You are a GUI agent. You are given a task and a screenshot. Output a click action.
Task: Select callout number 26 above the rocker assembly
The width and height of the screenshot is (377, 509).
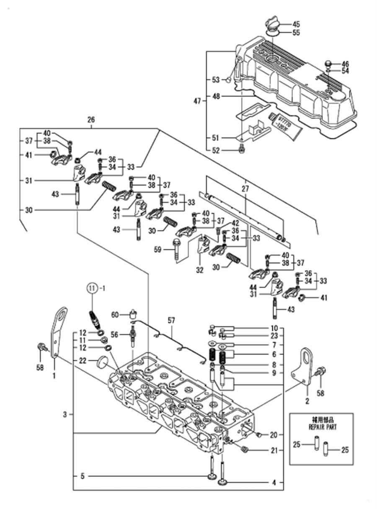click(x=91, y=120)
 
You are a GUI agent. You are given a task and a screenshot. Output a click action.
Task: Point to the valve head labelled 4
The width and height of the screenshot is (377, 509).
click(x=222, y=483)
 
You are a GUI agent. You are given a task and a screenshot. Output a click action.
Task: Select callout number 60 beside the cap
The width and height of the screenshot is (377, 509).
click(x=115, y=314)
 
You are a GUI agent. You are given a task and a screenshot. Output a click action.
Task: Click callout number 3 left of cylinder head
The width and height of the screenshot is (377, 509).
click(x=65, y=415)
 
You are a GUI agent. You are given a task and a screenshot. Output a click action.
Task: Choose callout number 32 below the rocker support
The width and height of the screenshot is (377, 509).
click(x=199, y=271)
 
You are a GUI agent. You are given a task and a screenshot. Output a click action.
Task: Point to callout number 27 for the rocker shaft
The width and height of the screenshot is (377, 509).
click(x=245, y=189)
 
